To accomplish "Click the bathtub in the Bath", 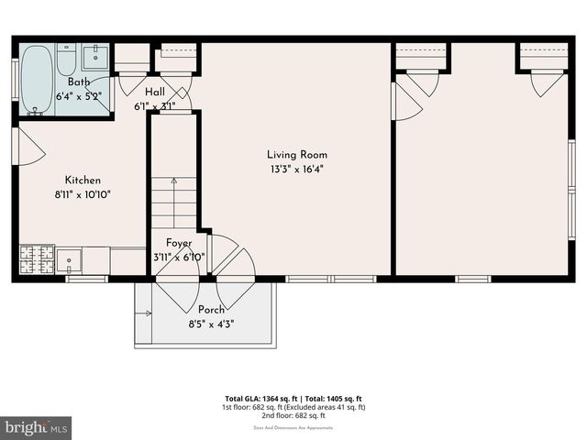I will click(37, 79).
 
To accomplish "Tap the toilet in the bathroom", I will click(66, 61).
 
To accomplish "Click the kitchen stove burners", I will click(36, 259).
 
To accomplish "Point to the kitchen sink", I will click(69, 260).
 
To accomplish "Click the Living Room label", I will click(297, 155).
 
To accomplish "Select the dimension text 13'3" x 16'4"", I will click(297, 170).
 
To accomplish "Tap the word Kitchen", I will click(83, 181).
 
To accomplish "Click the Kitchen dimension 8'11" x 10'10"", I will click(83, 194).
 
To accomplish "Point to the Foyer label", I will click(179, 243).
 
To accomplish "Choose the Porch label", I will click(212, 310).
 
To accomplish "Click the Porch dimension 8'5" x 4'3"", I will click(212, 324).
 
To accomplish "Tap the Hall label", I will click(154, 92).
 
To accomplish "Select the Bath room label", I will click(80, 82).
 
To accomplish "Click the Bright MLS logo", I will click(37, 427).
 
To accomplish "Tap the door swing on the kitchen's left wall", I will click(28, 147).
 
